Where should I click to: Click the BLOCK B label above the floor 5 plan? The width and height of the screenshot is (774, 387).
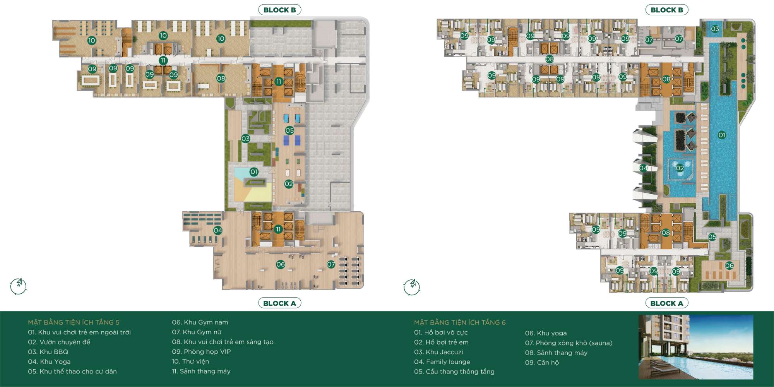point(279,10)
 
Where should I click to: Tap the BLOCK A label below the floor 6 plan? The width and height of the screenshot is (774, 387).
point(666,303)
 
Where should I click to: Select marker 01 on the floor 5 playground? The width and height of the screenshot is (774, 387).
point(254,172)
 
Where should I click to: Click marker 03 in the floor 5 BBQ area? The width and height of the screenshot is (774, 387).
point(246,139)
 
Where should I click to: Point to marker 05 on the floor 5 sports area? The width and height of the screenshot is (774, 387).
point(289,130)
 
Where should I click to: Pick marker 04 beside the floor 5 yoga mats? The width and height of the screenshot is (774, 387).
point(218,230)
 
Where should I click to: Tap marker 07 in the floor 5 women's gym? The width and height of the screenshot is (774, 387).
point(331,264)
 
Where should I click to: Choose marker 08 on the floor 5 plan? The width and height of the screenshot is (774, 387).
point(221,79)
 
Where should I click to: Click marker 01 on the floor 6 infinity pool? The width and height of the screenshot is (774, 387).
point(722,135)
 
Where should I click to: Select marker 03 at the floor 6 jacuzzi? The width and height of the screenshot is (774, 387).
point(715,29)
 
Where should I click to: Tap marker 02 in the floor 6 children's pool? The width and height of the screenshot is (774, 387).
point(680,168)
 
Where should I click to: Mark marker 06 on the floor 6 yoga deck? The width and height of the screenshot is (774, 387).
point(729,265)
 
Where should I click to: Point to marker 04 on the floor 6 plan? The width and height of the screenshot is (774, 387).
point(643,168)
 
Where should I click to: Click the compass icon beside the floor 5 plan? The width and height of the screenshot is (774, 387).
point(18,286)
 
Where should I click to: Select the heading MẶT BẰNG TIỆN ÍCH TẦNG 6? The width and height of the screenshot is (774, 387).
point(460,322)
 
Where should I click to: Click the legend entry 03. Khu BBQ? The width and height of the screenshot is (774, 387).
point(48,352)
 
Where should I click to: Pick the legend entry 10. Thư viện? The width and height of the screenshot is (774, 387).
point(190,361)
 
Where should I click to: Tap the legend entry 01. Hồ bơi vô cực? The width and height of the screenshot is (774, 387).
point(441,332)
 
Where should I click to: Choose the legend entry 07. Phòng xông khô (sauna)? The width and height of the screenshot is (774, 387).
point(569,343)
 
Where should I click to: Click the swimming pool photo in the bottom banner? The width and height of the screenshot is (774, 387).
point(696,347)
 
